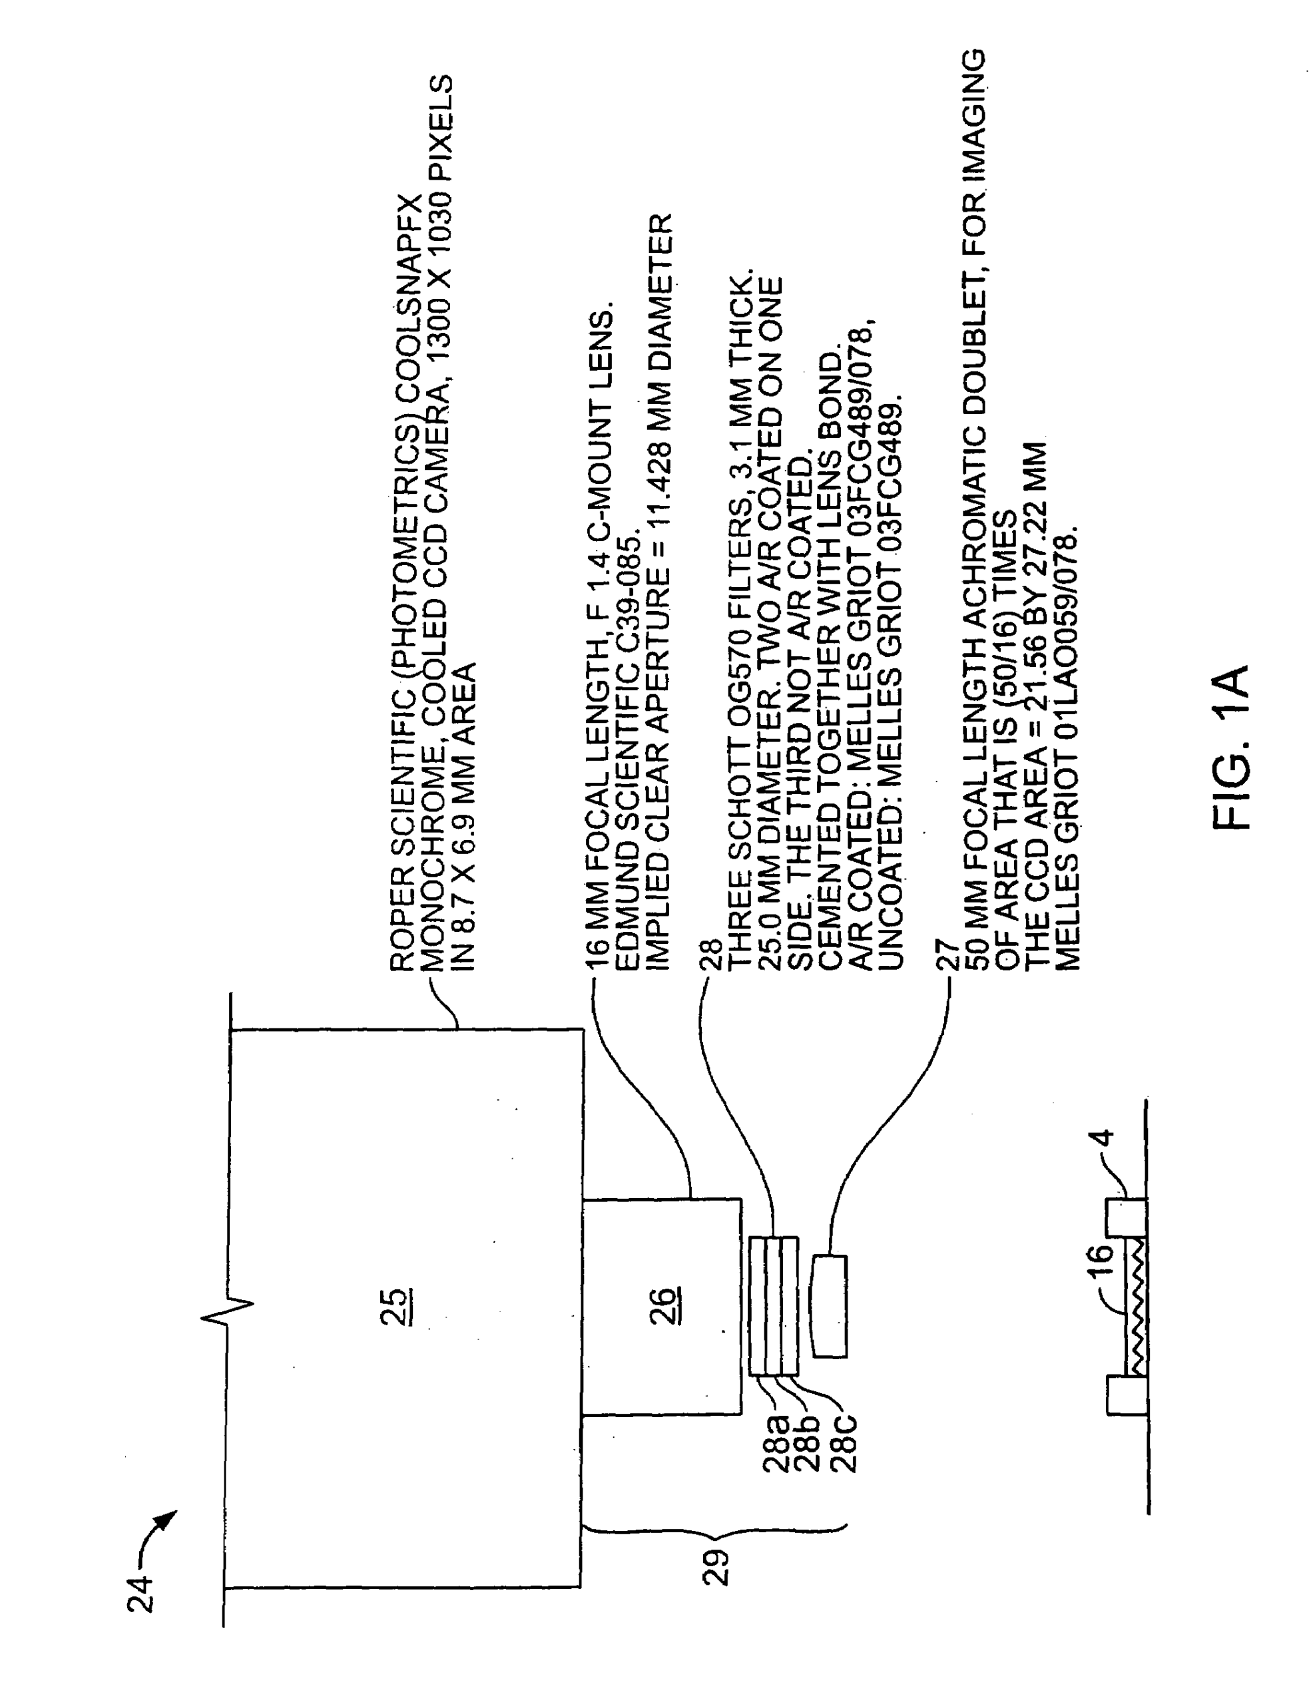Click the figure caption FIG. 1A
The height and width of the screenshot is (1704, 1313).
pos(1231,747)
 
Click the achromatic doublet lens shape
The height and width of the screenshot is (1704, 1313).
pos(830,1305)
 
